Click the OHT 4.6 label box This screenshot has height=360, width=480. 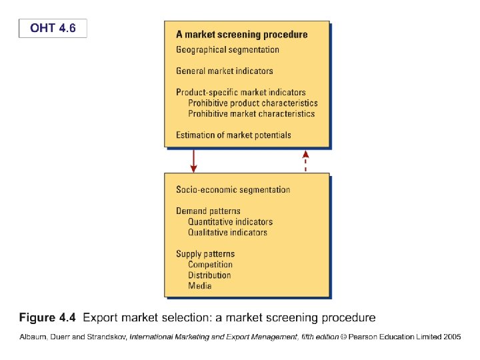pos(53,28)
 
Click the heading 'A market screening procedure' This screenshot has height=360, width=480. pos(241,34)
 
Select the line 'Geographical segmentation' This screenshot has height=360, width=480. pos(227,49)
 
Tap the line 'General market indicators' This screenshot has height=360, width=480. pos(224,71)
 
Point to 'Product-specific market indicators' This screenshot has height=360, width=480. pos(241,93)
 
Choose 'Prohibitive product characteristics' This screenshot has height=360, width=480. pos(253,103)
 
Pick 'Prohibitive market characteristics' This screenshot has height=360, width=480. pos(251,114)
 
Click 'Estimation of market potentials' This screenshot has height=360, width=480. pos(233,135)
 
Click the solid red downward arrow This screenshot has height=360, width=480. pos(193,160)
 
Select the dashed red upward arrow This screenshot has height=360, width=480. pos(305,160)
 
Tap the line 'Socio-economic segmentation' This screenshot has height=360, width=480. pos(233,190)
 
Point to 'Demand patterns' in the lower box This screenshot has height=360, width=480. pos(208,211)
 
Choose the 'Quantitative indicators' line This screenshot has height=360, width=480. pos(230,222)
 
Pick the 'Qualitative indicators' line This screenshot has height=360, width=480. pos(227,233)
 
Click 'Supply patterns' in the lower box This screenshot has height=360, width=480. pos(205,254)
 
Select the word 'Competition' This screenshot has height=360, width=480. pos(210,265)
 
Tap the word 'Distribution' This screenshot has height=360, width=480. pos(209,275)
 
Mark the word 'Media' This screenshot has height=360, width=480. pos(199,286)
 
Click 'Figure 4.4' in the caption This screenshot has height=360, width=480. pos(47,317)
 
